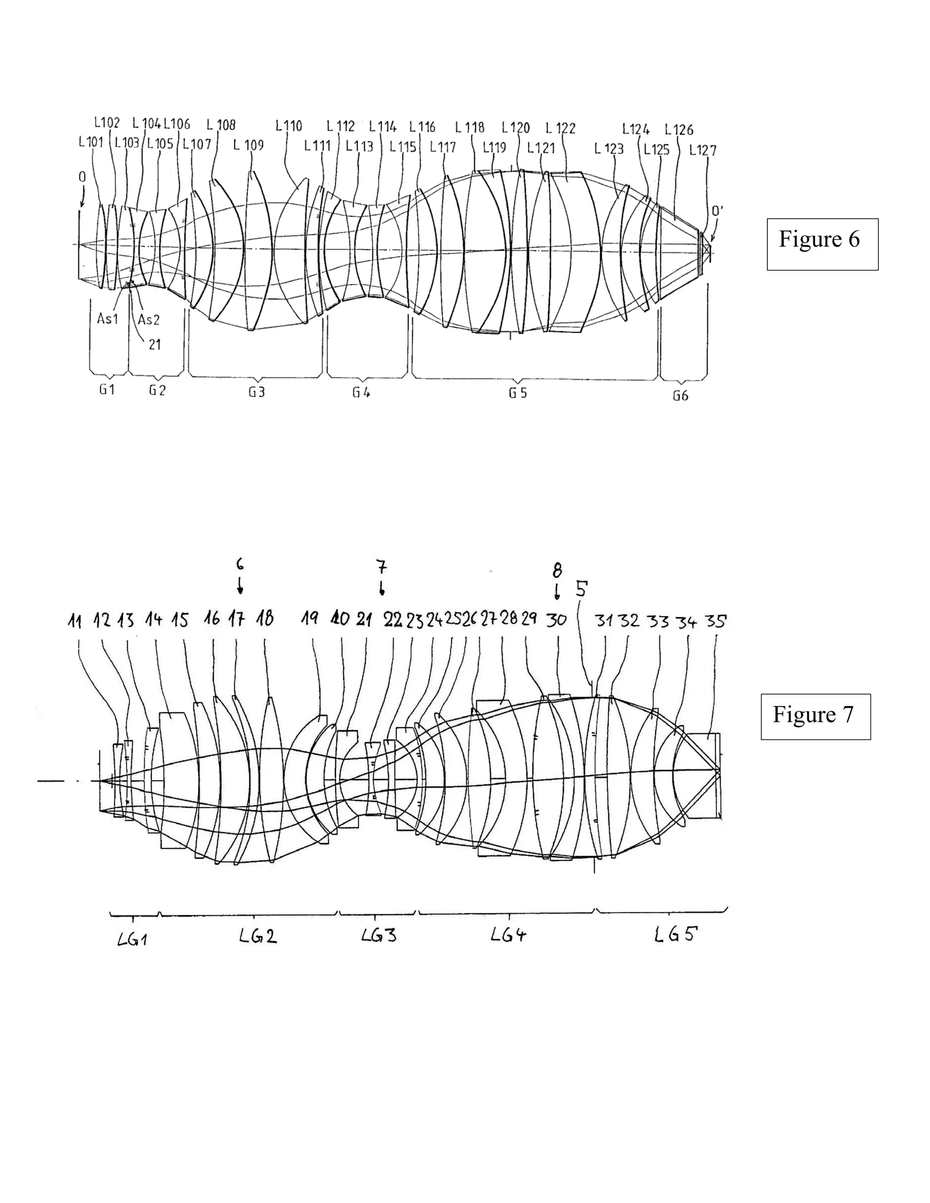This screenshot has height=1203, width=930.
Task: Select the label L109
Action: (x=248, y=145)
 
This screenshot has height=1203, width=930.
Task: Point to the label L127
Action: (x=703, y=150)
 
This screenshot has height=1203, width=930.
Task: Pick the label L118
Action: (x=470, y=128)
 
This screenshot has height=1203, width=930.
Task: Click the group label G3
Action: (x=256, y=392)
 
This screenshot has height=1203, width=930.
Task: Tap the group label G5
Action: (x=517, y=393)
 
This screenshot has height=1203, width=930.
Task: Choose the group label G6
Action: (x=680, y=395)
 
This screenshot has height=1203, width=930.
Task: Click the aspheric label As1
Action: (x=108, y=318)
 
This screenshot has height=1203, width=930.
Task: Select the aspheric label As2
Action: (x=149, y=320)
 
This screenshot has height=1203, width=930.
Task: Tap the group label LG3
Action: (x=379, y=935)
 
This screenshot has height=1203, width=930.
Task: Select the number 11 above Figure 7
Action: (x=75, y=621)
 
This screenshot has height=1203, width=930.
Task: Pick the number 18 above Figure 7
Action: (x=265, y=619)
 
